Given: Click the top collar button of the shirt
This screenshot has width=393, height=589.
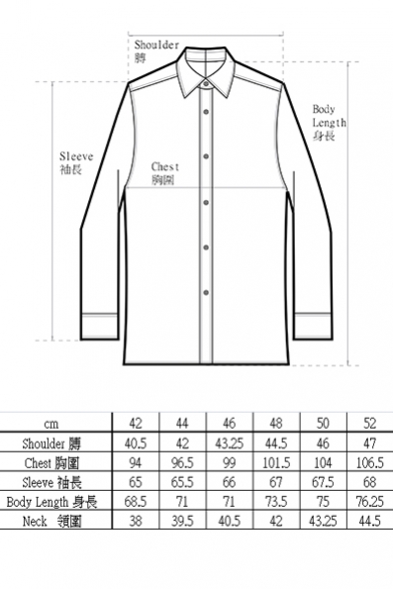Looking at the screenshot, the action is click(x=206, y=84).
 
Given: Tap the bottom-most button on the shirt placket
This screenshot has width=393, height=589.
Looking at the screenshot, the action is click(x=206, y=292).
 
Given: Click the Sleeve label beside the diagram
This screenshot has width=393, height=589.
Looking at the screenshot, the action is click(x=76, y=163).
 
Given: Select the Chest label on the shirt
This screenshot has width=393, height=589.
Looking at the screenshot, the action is click(x=165, y=173).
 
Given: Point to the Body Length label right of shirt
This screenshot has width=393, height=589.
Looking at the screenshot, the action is click(x=330, y=123).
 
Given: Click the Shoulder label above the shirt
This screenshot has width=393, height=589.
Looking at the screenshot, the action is click(x=156, y=51).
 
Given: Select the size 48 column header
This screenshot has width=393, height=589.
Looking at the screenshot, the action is click(x=276, y=424).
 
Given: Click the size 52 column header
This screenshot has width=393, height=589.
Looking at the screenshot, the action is click(x=369, y=424).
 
